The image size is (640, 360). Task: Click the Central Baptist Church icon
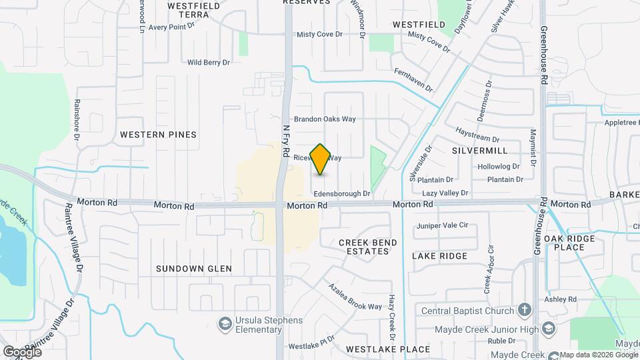(524, 311)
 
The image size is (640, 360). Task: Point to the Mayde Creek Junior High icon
(547, 329)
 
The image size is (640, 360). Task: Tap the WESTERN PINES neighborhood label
(158, 135)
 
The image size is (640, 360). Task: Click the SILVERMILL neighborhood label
(479, 151)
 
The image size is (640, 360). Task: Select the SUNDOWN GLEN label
(193, 269)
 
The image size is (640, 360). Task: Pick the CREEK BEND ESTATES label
(363, 247)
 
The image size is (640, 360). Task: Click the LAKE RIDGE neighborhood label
(439, 256)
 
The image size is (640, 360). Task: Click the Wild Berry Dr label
(208, 63)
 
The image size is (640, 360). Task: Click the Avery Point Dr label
(171, 27)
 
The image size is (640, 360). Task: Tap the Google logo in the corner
(21, 351)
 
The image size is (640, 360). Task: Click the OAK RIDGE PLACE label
(564, 243)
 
